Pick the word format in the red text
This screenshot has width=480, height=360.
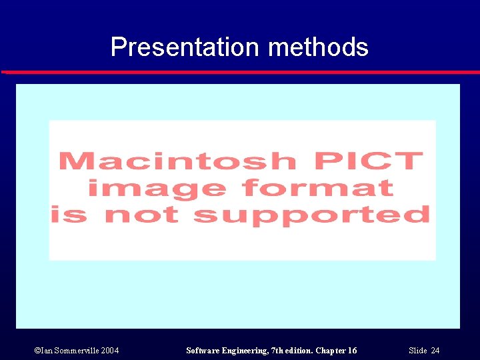[x=318, y=188]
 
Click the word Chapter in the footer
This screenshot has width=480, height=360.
[x=332, y=351]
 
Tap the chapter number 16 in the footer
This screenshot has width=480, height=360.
[x=352, y=351]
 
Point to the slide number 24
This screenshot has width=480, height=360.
[x=435, y=351]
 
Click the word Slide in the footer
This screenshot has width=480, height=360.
[x=417, y=351]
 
